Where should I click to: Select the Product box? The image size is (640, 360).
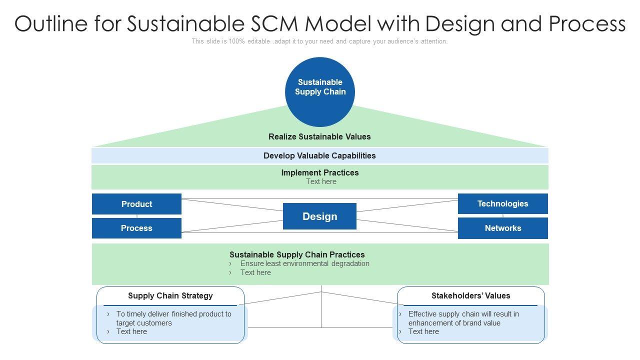(x=136, y=204)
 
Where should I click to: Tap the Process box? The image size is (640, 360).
(x=136, y=228)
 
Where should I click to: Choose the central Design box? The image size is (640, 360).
(x=319, y=216)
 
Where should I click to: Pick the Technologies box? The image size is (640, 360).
(x=502, y=203)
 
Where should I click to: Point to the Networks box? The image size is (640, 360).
(x=502, y=228)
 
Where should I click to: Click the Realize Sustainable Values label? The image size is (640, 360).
(x=319, y=136)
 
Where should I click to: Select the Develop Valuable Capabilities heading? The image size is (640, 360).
(x=319, y=155)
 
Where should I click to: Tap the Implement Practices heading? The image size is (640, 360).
(x=320, y=172)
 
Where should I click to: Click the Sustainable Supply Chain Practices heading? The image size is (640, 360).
(x=297, y=254)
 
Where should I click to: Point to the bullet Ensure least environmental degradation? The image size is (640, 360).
(x=304, y=263)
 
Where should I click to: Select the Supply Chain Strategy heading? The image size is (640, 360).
(x=170, y=295)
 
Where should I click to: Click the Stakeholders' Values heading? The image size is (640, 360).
(x=470, y=295)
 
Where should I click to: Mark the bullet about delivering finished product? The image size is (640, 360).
(x=173, y=318)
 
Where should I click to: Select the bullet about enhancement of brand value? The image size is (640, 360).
(x=463, y=318)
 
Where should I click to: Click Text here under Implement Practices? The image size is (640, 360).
(x=321, y=181)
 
